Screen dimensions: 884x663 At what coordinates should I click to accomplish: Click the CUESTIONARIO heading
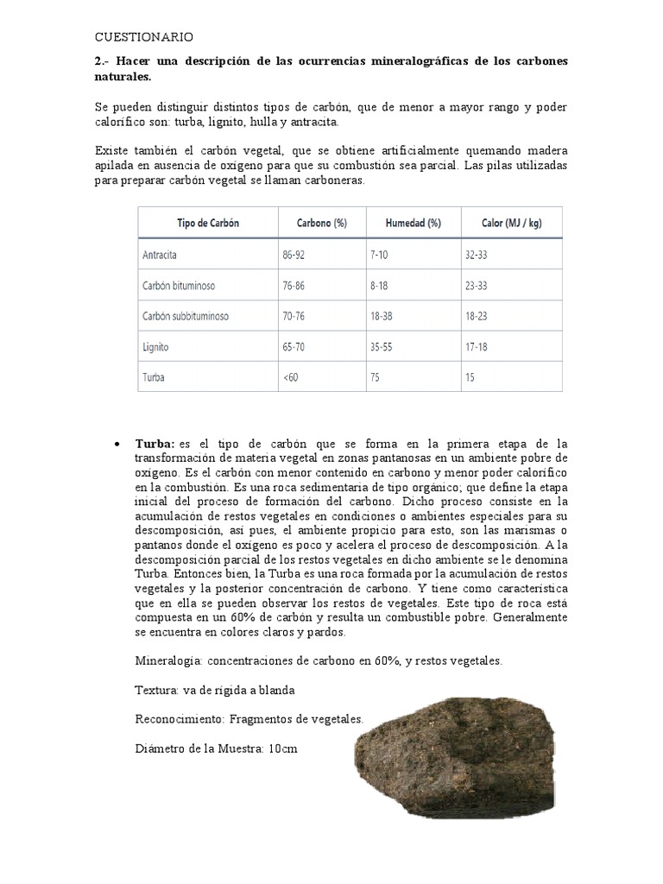tap(144, 37)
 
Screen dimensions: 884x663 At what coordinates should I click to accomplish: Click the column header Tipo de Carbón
tap(208, 223)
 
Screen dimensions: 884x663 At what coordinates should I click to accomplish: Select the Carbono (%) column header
tap(321, 223)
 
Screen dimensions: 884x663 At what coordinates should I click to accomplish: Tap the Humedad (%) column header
tap(414, 223)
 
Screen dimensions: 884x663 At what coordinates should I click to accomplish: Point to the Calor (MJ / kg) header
tap(511, 223)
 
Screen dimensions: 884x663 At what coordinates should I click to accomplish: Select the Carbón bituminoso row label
tap(180, 285)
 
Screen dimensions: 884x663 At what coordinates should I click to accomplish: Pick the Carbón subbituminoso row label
tap(186, 316)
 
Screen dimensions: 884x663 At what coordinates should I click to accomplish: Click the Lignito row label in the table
tap(156, 346)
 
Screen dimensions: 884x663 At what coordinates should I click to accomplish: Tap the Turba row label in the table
tap(154, 376)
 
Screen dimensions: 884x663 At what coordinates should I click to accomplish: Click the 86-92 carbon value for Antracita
tap(294, 256)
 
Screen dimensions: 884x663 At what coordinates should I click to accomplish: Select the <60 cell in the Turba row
tap(290, 376)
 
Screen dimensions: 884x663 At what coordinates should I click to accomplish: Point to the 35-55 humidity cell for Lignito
tap(382, 346)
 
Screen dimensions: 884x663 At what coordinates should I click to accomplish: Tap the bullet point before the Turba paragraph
tap(117, 444)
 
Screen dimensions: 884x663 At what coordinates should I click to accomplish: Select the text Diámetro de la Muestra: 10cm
tap(217, 748)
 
